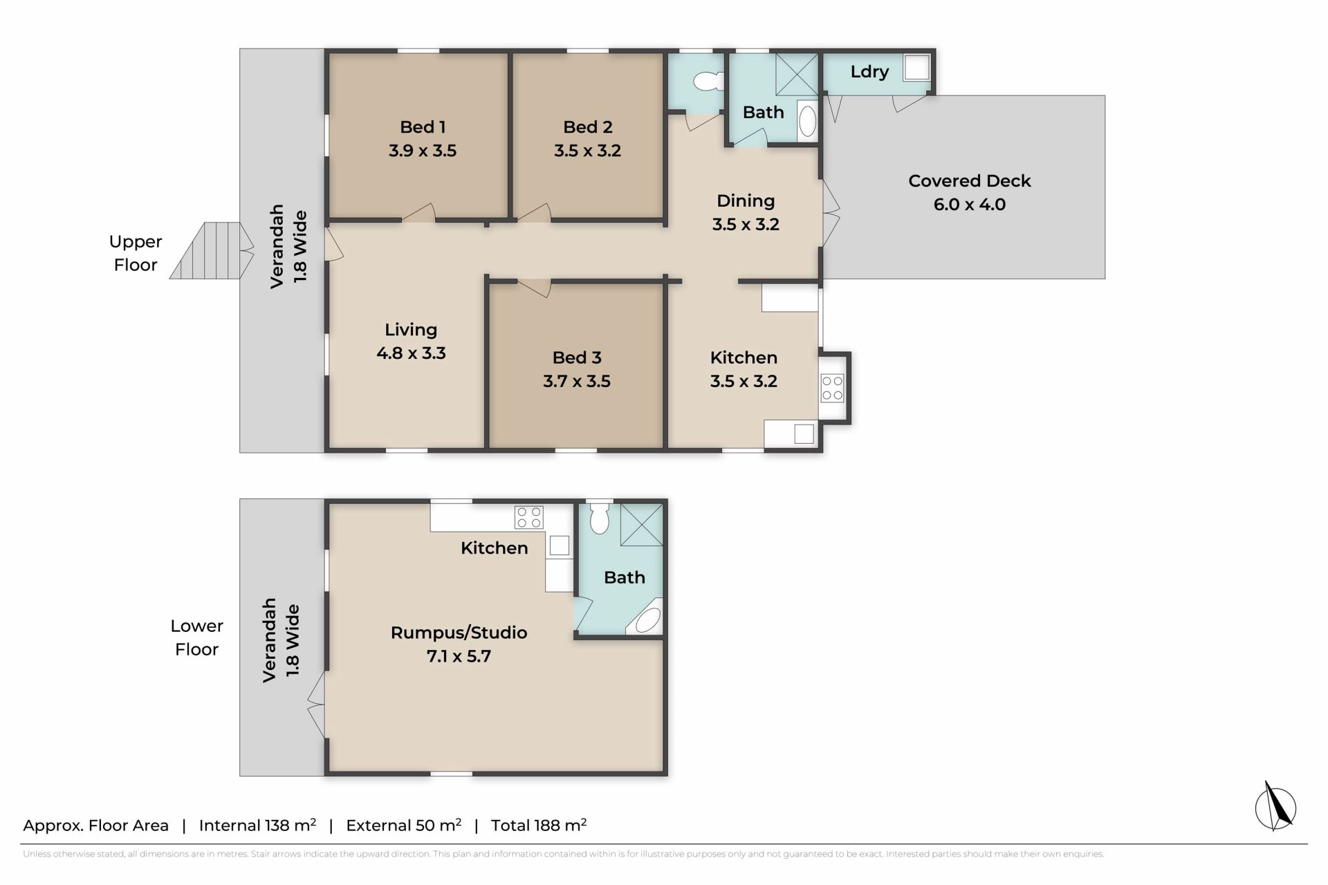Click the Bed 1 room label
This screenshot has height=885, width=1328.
[x=423, y=127]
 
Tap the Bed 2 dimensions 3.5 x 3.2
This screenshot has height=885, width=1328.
[x=587, y=151]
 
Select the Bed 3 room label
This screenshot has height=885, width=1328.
[x=577, y=357]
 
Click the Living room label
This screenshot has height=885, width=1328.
[x=411, y=330]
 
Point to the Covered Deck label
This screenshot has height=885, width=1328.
[x=969, y=181]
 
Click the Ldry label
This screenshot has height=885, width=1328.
[x=869, y=72]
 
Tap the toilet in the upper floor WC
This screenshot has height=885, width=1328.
[x=708, y=82]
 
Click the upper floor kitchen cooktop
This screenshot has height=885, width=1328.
[x=832, y=388]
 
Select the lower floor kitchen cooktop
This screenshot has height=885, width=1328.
[x=529, y=517]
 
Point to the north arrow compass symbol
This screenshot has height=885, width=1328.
[x=1275, y=806]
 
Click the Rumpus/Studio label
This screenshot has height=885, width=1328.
[x=459, y=633]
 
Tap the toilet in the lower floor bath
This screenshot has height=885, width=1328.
[x=600, y=517]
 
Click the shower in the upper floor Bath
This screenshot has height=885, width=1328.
[x=796, y=74]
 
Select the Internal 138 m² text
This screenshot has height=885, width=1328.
[x=257, y=825]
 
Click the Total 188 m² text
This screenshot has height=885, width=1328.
[x=539, y=825]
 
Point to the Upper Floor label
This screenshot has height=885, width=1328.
[x=136, y=253]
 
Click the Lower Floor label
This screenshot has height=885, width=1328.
[x=196, y=637]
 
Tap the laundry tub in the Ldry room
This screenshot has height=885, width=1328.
[x=916, y=68]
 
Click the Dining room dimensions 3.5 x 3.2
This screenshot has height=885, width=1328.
[x=746, y=225]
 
